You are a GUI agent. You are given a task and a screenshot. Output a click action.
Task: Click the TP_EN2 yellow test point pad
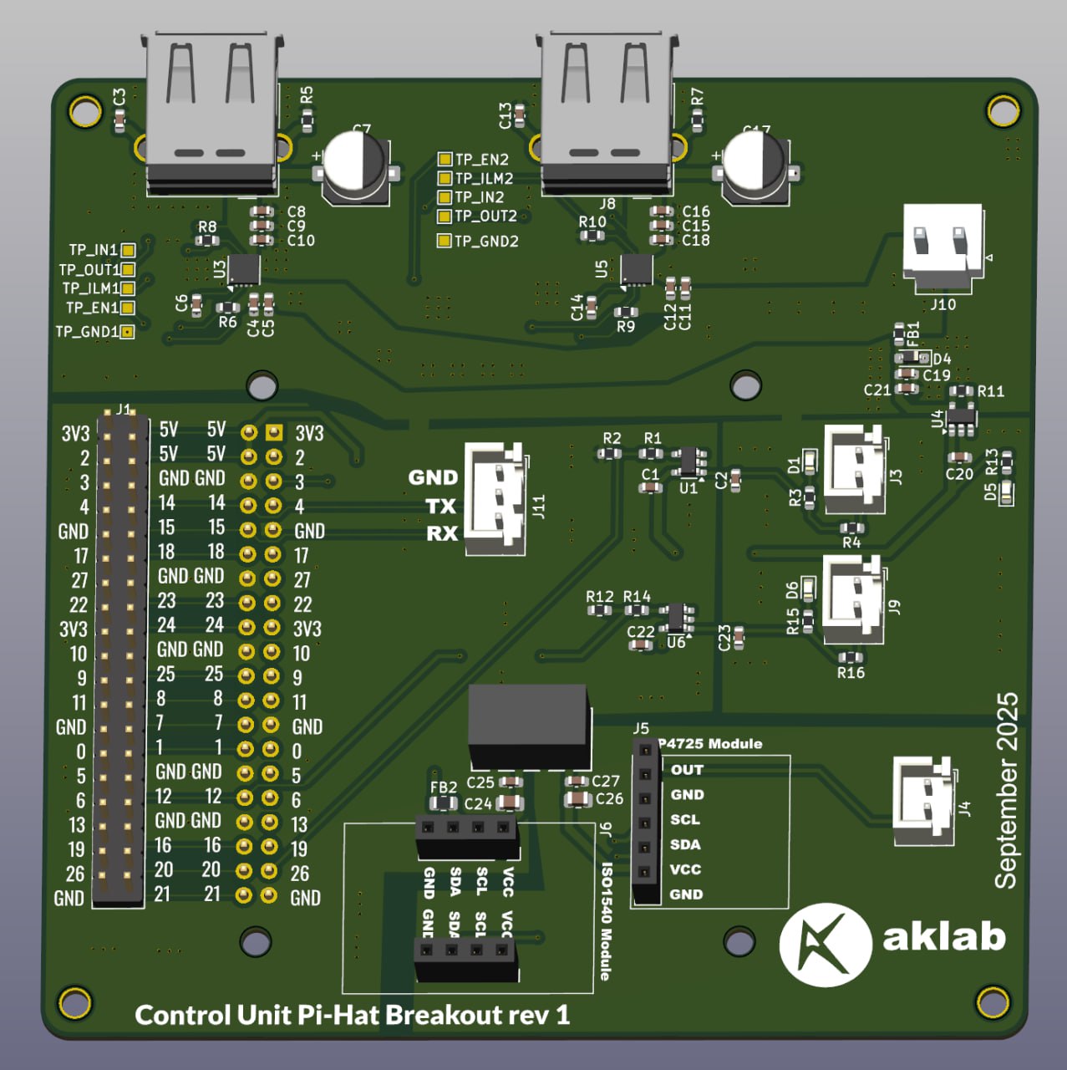pyautogui.click(x=445, y=159)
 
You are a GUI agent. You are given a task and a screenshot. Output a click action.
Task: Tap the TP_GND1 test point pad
pyautogui.click(x=127, y=332)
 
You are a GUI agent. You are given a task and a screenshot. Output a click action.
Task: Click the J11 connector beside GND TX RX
pyautogui.click(x=495, y=499)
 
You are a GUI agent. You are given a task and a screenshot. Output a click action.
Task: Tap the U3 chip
pyautogui.click(x=244, y=269)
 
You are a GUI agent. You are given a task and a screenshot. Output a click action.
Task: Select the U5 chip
pyautogui.click(x=636, y=269)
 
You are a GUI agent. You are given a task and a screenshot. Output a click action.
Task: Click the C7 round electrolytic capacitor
pyautogui.click(x=355, y=165)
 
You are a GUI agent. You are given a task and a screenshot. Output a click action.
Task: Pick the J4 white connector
pyautogui.click(x=924, y=801)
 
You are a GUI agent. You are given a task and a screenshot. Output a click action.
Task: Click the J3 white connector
pyautogui.click(x=854, y=469)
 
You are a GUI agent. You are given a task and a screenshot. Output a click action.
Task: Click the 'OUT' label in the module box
pyautogui.click(x=687, y=770)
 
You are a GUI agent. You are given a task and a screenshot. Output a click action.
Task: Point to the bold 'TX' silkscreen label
pyautogui.click(x=440, y=507)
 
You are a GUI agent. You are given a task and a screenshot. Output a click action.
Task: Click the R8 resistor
pyautogui.click(x=207, y=241)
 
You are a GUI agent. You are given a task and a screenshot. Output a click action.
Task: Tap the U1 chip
pyautogui.click(x=688, y=461)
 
